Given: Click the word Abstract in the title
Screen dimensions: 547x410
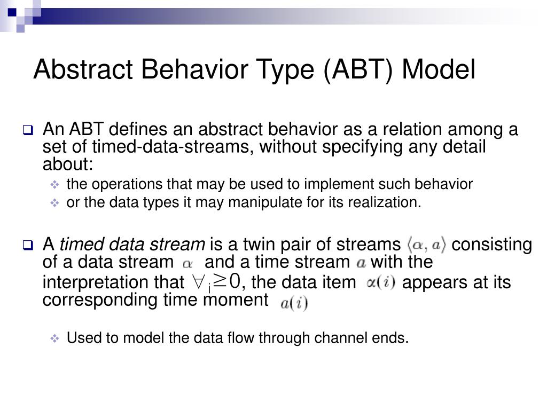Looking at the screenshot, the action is click(83, 69).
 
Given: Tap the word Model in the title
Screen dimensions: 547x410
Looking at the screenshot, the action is click(439, 69).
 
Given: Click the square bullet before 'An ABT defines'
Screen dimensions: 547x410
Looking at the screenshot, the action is click(28, 130).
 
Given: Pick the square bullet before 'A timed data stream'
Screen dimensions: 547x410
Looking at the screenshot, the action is click(28, 245).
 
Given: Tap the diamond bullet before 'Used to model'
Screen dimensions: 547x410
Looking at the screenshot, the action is click(55, 338).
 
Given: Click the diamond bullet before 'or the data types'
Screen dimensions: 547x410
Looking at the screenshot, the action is click(55, 202).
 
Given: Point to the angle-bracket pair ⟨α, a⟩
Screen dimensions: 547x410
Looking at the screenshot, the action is click(426, 245).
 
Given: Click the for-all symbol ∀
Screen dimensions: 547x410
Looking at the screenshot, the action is click(198, 282).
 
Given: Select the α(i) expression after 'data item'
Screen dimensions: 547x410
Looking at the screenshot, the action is click(381, 282).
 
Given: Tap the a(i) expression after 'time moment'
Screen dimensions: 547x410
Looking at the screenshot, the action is click(294, 303).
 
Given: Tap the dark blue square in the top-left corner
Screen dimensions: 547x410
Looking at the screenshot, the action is click(12, 13).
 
